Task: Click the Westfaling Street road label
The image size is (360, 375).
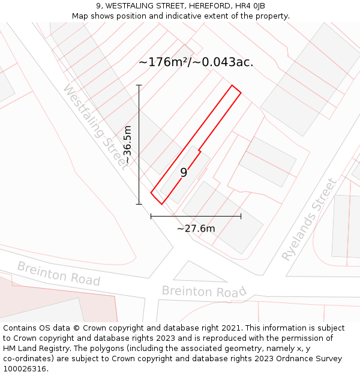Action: [95, 127]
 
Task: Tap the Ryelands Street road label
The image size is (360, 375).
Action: [310, 219]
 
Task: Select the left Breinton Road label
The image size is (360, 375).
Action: [58, 273]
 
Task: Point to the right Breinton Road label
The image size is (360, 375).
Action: [204, 292]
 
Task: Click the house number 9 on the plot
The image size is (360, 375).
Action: [184, 173]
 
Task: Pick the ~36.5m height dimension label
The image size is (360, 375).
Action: [127, 145]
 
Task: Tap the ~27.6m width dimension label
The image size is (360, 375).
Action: [196, 229]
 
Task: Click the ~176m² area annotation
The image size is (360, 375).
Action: [196, 62]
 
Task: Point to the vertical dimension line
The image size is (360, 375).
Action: [139, 144]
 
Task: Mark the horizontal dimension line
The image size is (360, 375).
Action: [196, 216]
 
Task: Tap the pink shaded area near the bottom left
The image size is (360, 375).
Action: [90, 303]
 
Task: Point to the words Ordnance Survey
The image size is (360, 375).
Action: [310, 359]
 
